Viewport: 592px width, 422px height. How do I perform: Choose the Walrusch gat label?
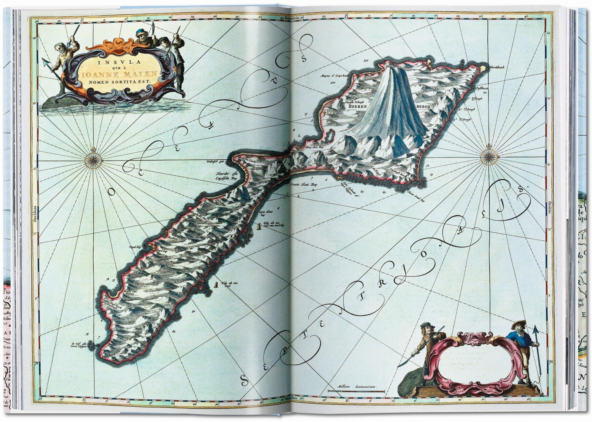tap(218, 168)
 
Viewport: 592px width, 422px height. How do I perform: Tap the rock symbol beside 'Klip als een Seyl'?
tap(216, 285)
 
